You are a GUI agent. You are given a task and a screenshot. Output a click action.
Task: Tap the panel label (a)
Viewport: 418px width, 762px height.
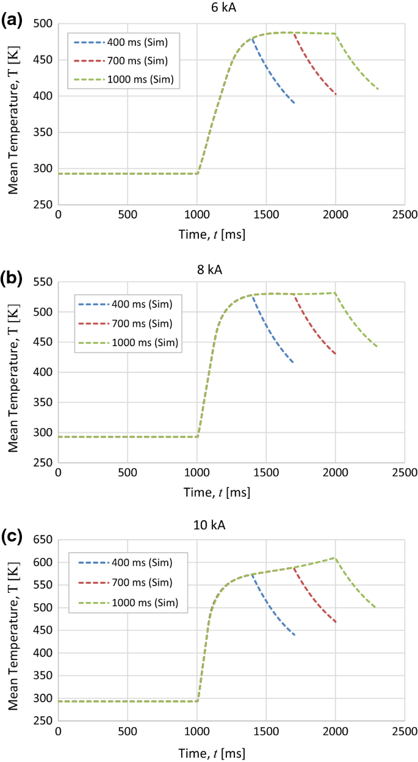13,20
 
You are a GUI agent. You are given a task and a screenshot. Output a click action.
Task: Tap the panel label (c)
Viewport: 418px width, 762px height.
13,535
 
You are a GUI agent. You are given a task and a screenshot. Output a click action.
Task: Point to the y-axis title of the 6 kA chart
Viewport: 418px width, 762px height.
13,115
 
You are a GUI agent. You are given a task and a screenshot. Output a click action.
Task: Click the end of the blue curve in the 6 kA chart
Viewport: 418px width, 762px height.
295,103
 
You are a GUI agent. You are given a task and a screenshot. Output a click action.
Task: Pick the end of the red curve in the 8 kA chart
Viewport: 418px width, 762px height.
336,354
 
